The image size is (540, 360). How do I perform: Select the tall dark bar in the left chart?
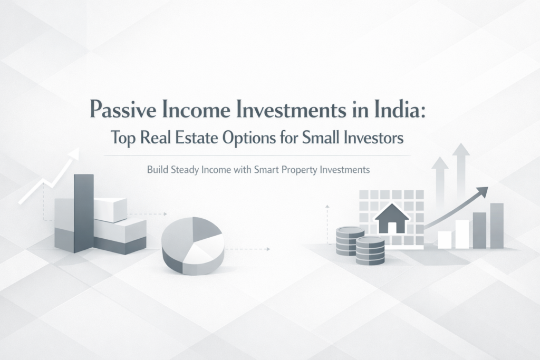84,211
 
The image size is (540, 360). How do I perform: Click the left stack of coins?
350,241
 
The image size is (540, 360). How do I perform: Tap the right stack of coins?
370,250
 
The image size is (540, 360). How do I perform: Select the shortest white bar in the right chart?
445,239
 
